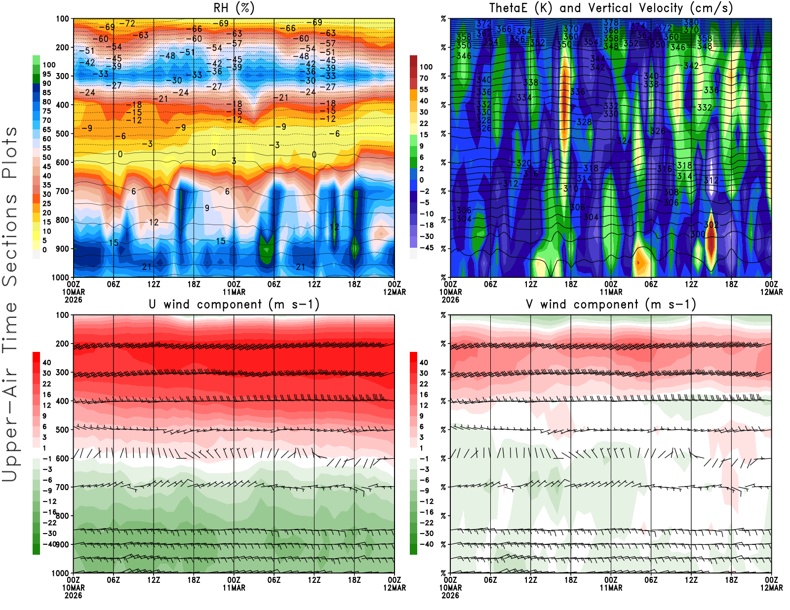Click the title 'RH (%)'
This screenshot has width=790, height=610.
click(234, 8)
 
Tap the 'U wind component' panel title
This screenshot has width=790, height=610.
click(234, 305)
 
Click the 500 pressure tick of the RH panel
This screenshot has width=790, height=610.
click(62, 134)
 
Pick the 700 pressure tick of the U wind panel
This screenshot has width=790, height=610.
click(62, 487)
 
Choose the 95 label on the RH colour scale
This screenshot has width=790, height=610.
click(46, 74)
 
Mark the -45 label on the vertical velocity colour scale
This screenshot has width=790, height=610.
click(426, 248)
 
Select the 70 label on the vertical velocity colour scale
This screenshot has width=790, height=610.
click(424, 78)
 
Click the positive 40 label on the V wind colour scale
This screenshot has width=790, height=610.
click(424, 363)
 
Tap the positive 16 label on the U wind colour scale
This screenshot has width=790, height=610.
click(46, 395)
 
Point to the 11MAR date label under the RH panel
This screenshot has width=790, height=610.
click(234, 292)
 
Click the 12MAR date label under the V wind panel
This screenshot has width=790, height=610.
click(771, 588)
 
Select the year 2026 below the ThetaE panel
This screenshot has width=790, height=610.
click(450, 300)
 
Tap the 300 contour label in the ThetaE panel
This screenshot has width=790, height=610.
click(698, 234)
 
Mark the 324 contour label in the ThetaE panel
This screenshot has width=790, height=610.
click(625, 141)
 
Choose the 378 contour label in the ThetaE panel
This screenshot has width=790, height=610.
click(611, 22)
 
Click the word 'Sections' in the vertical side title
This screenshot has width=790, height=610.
click(10, 240)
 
